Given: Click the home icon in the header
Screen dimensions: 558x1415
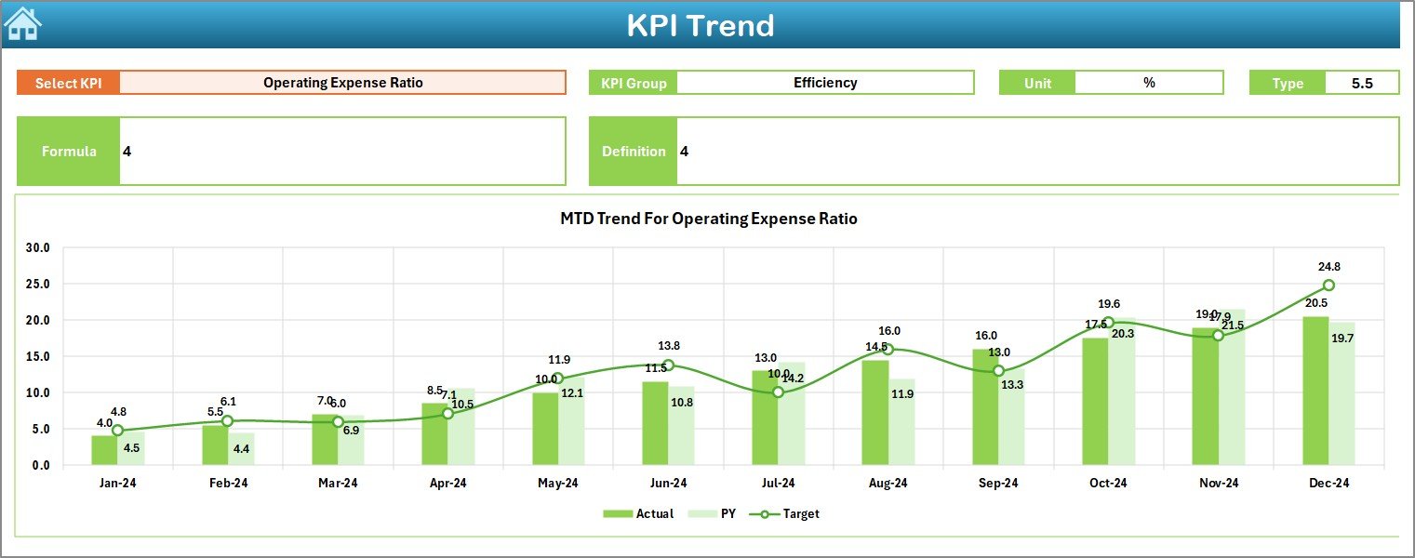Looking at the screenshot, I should pyautogui.click(x=22, y=24).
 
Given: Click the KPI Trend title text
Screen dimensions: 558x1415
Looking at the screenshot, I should pyautogui.click(x=700, y=25).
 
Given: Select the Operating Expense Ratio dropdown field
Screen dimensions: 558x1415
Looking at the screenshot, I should pyautogui.click(x=342, y=83).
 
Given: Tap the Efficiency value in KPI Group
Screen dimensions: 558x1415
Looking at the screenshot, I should pyautogui.click(x=824, y=83).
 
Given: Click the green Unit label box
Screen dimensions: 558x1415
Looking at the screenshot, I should pyautogui.click(x=1036, y=83).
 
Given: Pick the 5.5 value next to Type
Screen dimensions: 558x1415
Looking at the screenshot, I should pyautogui.click(x=1361, y=83).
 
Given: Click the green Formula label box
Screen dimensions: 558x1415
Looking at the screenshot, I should pyautogui.click(x=69, y=152).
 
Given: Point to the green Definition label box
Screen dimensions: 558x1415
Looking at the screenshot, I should pyautogui.click(x=633, y=152).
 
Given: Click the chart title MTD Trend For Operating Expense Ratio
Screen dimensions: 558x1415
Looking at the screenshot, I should pyautogui.click(x=708, y=219).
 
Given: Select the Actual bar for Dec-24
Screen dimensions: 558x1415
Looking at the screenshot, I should pyautogui.click(x=1315, y=391).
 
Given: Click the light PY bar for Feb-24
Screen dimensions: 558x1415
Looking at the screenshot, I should pyautogui.click(x=241, y=449).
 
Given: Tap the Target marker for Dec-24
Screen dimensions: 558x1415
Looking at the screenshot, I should pyautogui.click(x=1328, y=286).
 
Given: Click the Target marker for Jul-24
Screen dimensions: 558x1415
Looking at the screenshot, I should pyautogui.click(x=778, y=392).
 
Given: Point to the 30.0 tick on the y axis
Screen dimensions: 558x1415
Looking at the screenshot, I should pyautogui.click(x=39, y=248).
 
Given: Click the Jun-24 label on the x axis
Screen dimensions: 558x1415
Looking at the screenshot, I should pyautogui.click(x=668, y=484).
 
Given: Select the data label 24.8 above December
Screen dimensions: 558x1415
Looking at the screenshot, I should pyautogui.click(x=1328, y=267).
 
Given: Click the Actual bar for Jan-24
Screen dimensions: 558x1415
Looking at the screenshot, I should pyautogui.click(x=104, y=450).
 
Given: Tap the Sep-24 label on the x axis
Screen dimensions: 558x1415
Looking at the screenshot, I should pyautogui.click(x=998, y=484).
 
